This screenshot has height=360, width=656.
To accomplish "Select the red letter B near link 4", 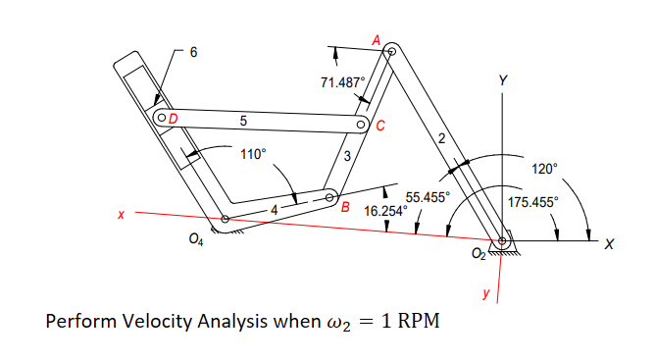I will [345, 206].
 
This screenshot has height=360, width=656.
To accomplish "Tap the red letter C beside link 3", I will [380, 126].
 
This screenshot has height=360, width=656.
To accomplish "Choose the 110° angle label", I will [253, 153].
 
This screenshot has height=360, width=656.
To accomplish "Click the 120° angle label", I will [543, 169].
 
